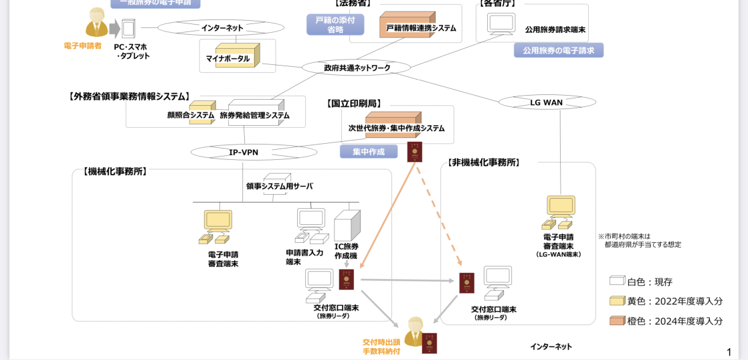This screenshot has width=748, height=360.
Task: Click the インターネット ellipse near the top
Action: pos(222,28)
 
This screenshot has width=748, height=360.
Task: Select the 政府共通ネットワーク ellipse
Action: pos(356,68)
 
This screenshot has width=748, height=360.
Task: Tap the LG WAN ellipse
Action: pos(547,102)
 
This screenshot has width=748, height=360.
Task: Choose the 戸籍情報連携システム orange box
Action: pos(407,25)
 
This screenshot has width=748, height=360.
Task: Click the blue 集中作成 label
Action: pos(369,152)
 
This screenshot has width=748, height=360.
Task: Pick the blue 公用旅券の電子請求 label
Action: pos(559,50)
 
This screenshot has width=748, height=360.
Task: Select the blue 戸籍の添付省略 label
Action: pos(335,25)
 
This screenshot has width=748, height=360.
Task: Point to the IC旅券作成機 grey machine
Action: pos(347,226)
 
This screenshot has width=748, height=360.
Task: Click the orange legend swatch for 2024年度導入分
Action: pos(617,321)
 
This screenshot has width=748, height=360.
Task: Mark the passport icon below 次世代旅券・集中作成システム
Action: pos(415,151)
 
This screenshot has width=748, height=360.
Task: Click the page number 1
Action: pos(729,352)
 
